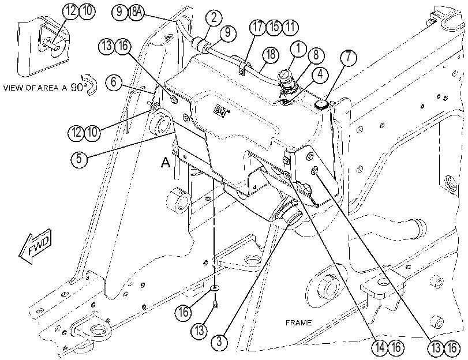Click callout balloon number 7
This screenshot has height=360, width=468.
click(348, 57)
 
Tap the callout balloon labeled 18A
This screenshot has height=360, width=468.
click(136, 12)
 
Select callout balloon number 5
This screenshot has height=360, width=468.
click(79, 158)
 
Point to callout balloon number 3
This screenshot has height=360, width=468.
click(219, 341)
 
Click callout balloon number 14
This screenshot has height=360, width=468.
click(380, 348)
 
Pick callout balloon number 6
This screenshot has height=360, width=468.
click(114, 81)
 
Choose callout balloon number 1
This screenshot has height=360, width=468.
click(298, 48)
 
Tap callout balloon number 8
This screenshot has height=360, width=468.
click(315, 55)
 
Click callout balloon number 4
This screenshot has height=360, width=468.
click(320, 74)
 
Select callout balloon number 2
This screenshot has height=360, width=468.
click(213, 18)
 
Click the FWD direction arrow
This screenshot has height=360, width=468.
click(35, 246)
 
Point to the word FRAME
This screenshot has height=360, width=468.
click(298, 322)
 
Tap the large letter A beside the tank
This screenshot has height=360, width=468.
click(166, 162)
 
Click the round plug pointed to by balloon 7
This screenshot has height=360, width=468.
click(322, 104)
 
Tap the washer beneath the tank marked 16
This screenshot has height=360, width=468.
click(215, 288)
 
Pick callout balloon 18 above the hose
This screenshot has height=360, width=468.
click(271, 55)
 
